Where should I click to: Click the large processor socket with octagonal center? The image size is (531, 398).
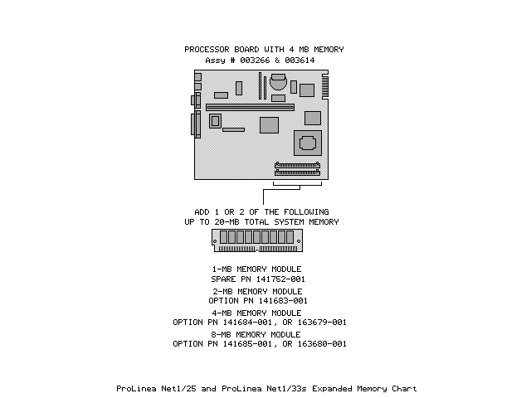pyautogui.click(x=309, y=142)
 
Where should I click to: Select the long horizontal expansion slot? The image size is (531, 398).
pyautogui.click(x=250, y=107)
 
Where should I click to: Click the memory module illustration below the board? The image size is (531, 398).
pyautogui.click(x=258, y=240)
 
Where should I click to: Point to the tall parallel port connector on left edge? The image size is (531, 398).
pyautogui.click(x=197, y=125)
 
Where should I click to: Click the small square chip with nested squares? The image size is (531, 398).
pyautogui.click(x=216, y=121)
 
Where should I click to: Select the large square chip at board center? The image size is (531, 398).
pyautogui.click(x=268, y=125)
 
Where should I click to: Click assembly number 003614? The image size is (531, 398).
pyautogui.click(x=304, y=61)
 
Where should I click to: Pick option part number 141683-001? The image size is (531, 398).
pyautogui.click(x=280, y=300)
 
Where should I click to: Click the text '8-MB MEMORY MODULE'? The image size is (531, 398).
pyautogui.click(x=257, y=334)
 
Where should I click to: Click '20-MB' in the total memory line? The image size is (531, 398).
pyautogui.click(x=250, y=221)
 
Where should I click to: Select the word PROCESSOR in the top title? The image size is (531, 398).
pyautogui.click(x=207, y=50)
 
